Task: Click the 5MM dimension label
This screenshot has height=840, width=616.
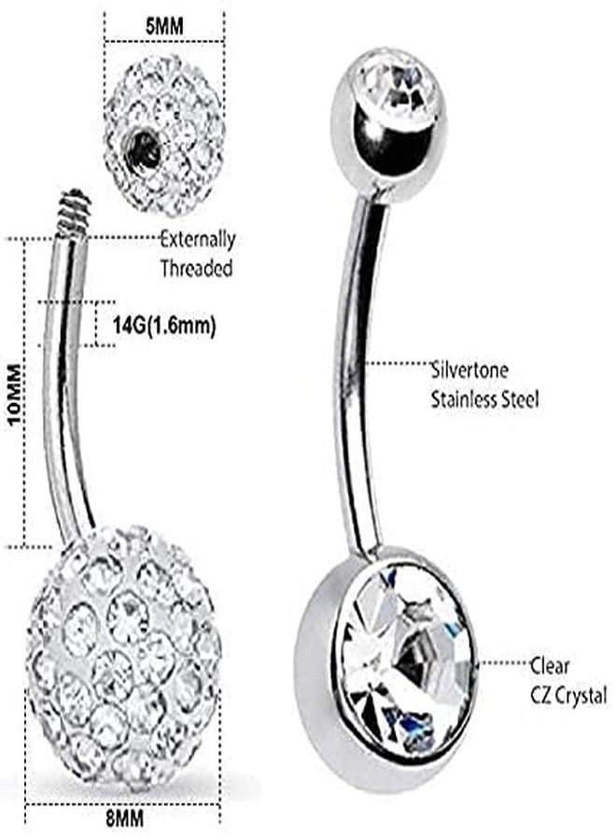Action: (x=164, y=26)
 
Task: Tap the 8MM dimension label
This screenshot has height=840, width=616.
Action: (x=124, y=819)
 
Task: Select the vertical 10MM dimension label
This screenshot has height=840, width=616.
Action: (x=14, y=394)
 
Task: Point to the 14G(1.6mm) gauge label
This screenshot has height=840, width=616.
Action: (x=164, y=325)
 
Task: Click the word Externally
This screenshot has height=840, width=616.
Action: (x=198, y=239)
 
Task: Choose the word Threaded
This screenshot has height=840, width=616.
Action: (x=197, y=268)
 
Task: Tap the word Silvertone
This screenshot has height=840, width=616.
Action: (x=469, y=371)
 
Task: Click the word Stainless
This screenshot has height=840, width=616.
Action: (x=464, y=399)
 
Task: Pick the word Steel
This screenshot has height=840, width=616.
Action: (x=520, y=399)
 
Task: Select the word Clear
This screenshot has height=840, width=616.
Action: (x=550, y=665)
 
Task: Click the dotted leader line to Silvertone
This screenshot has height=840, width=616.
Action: (x=398, y=364)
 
